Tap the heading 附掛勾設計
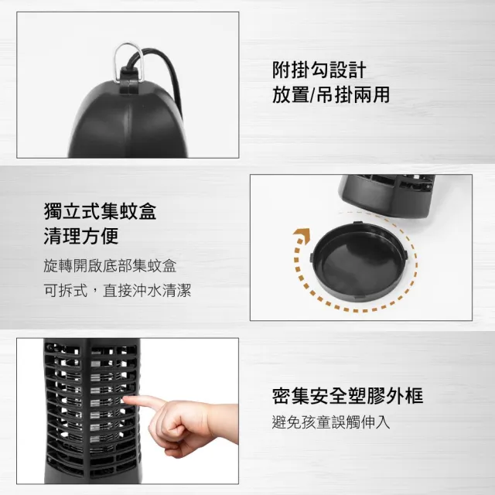(319, 70)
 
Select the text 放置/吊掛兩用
(331, 94)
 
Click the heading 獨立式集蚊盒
(101, 210)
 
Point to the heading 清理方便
(81, 235)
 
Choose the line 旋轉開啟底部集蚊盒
(110, 266)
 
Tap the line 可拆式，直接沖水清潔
(118, 291)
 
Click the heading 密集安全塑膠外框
(347, 395)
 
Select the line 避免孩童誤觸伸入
(331, 422)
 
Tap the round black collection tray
(358, 261)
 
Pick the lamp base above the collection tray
(387, 195)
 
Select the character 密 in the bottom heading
(282, 395)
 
